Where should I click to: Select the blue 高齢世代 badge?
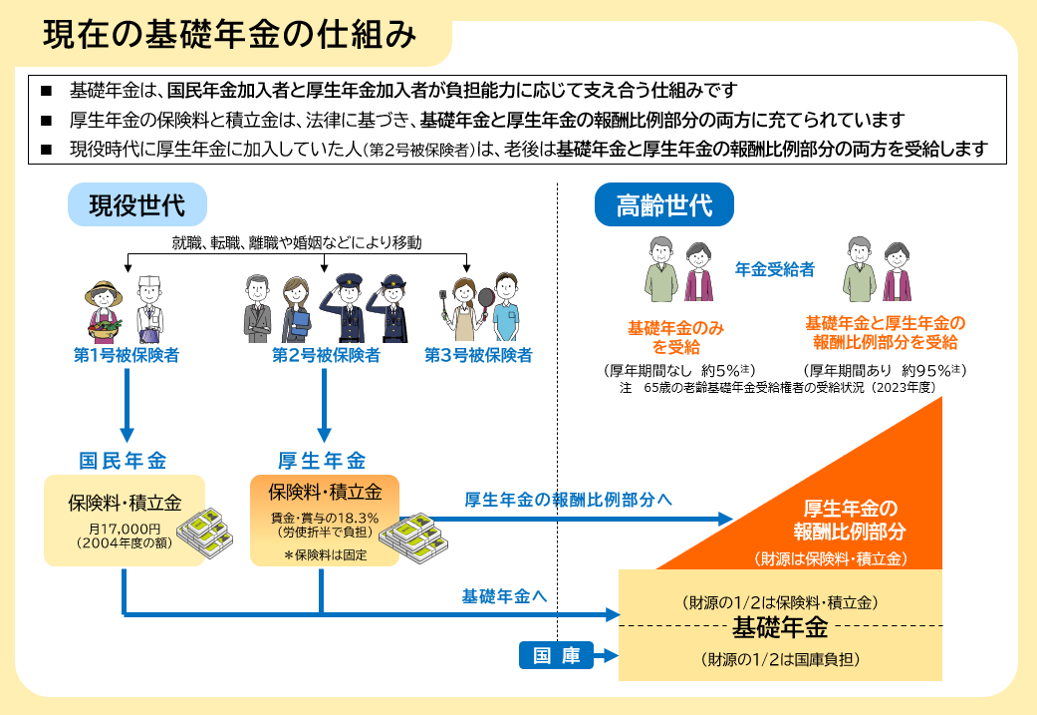(x=663, y=205)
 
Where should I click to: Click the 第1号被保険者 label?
(x=127, y=355)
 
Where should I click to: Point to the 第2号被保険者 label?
(x=326, y=355)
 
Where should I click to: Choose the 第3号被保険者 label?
(x=478, y=355)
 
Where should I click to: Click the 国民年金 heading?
(x=124, y=461)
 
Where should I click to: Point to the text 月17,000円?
(x=125, y=529)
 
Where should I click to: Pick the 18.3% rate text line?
(x=325, y=518)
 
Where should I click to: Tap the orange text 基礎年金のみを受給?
(x=675, y=337)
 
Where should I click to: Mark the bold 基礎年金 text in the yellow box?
(x=780, y=628)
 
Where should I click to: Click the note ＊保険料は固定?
(x=325, y=554)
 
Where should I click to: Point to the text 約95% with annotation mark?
(x=926, y=370)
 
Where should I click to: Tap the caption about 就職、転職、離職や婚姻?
(x=297, y=242)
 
